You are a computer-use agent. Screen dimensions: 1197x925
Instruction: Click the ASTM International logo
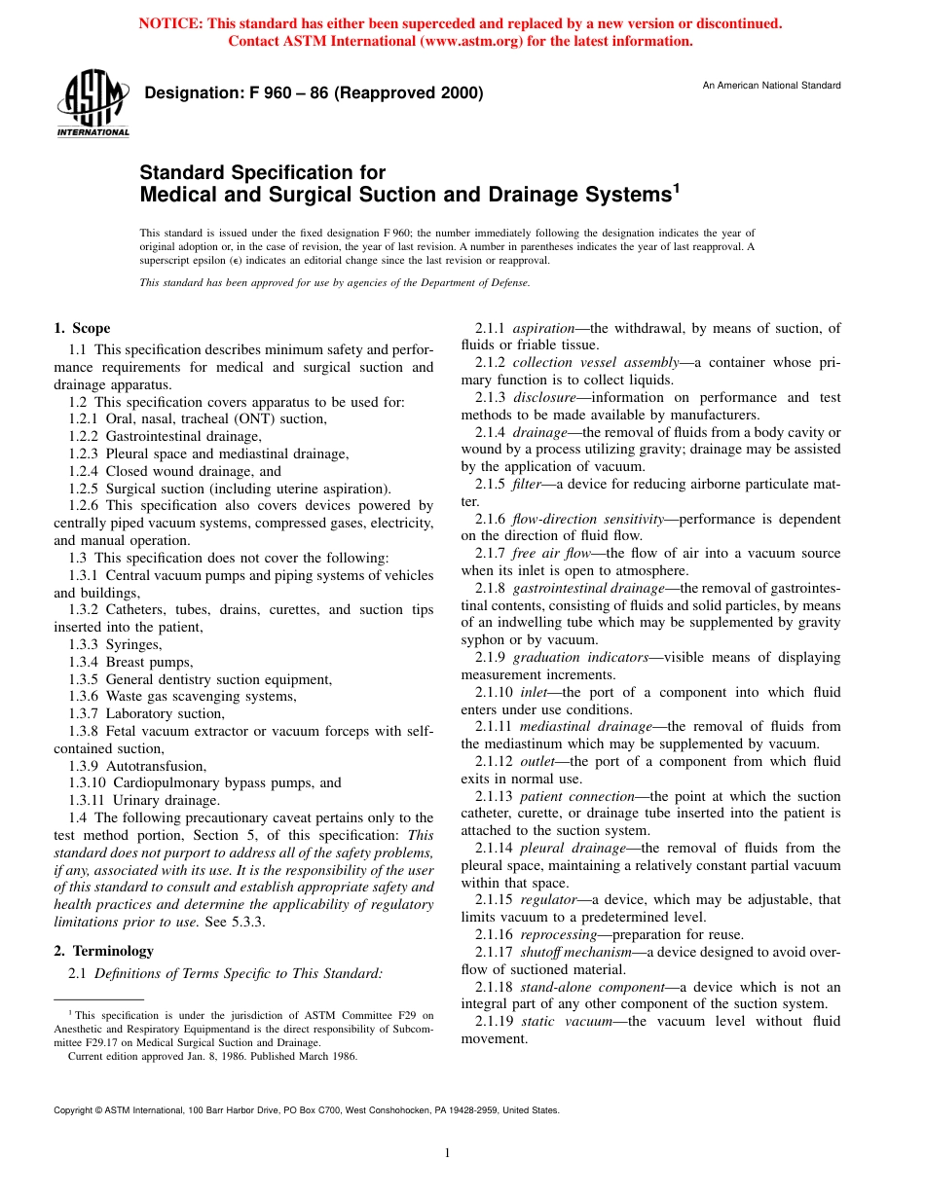pos(92,104)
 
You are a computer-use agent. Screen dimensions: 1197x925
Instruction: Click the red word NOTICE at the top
pos(168,23)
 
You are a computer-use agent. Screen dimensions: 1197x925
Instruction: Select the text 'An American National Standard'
pos(771,86)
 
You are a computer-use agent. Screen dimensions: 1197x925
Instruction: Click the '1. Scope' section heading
pos(82,328)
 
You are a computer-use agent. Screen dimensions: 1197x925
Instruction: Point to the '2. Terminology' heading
pos(103,951)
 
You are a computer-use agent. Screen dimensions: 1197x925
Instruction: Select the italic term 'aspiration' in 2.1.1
pos(543,328)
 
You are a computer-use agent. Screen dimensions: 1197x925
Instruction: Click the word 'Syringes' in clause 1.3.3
pos(133,644)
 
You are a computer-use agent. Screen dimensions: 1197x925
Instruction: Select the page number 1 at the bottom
pos(447,1153)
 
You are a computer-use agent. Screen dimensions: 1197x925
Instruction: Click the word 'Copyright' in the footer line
pos(74,1109)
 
